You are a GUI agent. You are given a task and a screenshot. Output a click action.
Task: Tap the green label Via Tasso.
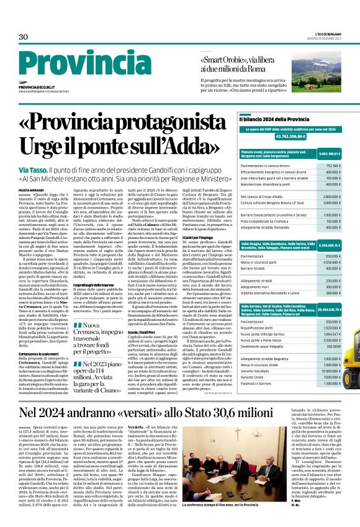(32, 170)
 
